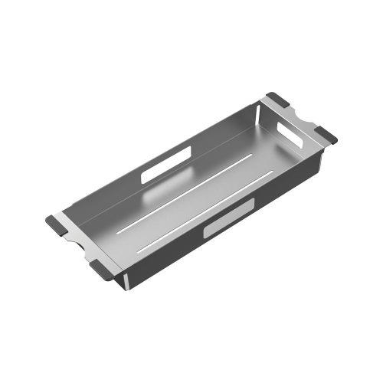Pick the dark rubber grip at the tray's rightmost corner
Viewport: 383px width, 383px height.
point(328,137)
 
